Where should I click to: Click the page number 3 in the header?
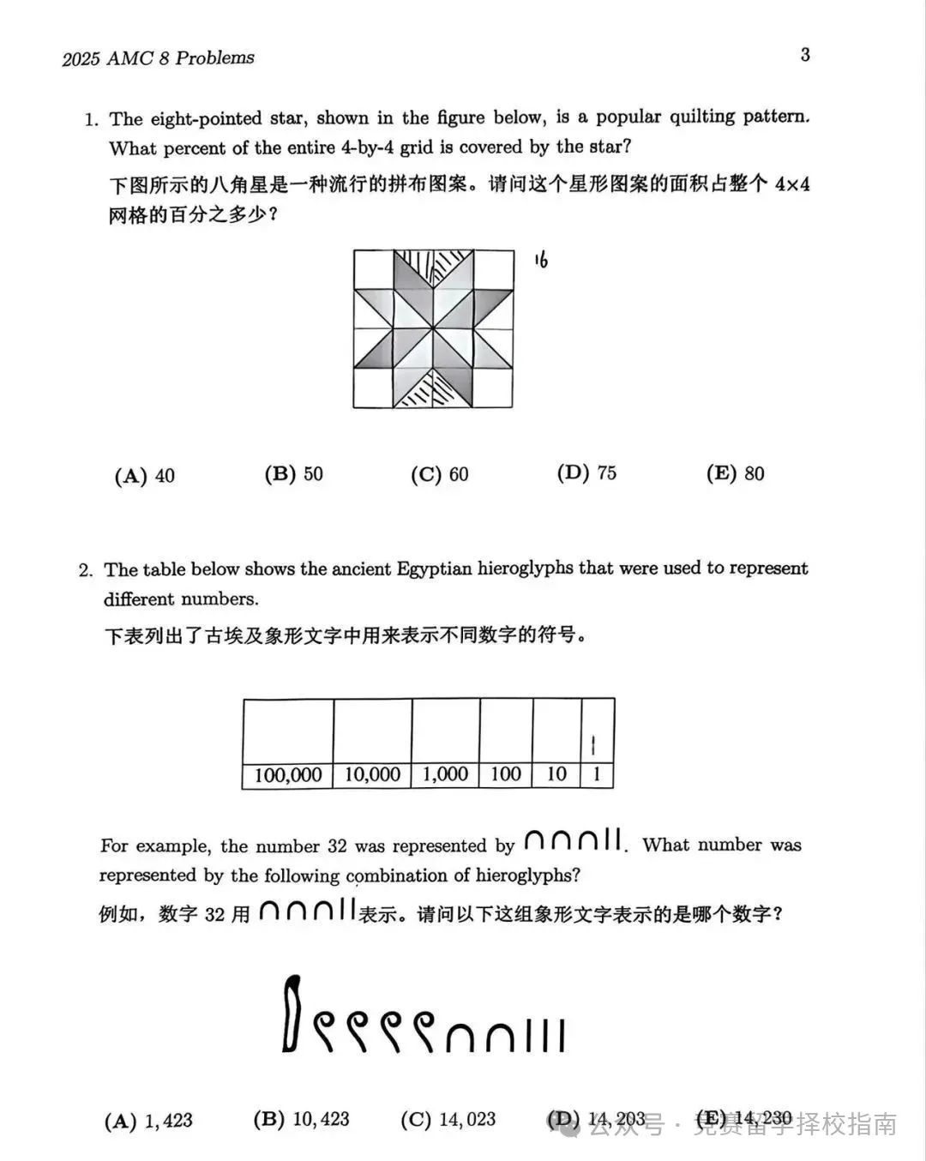805,55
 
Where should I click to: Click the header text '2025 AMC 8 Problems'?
159,58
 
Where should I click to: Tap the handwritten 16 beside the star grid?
540,259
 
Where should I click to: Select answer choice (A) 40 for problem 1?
145,476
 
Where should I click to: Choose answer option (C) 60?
440,474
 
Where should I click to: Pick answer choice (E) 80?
736,473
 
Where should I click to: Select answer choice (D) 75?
587,473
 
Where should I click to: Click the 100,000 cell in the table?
288,775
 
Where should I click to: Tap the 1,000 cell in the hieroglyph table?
446,774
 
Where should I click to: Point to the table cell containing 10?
556,774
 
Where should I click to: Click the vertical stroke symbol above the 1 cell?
593,744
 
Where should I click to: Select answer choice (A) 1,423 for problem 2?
149,1121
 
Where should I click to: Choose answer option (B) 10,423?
302,1120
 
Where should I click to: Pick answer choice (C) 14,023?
448,1120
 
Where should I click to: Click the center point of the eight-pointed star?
433,329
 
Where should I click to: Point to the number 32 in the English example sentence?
336,846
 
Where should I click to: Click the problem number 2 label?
85,570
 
